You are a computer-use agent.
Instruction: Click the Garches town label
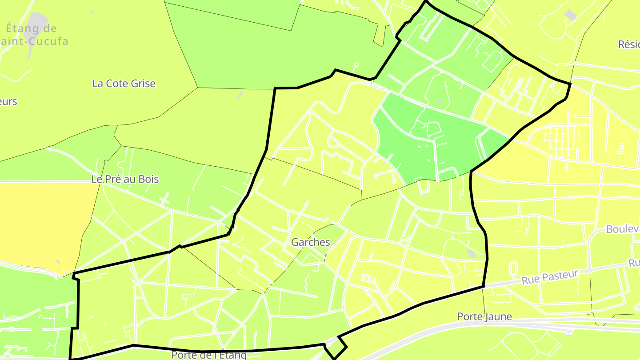click(311, 242)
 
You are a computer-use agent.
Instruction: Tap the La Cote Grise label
click(124, 84)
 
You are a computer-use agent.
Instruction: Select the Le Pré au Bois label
click(125, 180)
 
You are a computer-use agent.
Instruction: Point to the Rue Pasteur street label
click(550, 277)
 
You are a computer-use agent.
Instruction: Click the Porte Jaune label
click(484, 317)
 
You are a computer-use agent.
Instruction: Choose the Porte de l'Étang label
click(209, 355)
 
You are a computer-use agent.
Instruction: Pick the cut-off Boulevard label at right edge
click(623, 229)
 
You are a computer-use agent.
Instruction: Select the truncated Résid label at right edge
click(629, 44)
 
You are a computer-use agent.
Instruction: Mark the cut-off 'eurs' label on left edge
click(8, 101)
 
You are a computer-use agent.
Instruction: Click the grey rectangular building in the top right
click(570, 15)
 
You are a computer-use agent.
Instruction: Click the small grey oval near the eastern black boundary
click(472, 253)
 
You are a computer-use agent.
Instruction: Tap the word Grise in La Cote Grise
click(144, 84)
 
